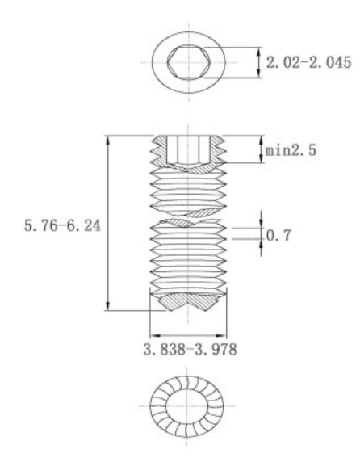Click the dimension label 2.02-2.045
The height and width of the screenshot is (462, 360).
[x=308, y=62]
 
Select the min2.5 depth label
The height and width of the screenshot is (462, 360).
[x=291, y=150]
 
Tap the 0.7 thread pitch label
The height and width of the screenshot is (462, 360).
[x=278, y=235]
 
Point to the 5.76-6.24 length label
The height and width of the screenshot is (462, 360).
[x=62, y=226]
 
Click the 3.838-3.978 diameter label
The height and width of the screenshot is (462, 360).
[x=190, y=350]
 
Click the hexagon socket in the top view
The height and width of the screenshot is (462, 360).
[x=189, y=62]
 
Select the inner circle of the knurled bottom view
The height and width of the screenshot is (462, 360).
[x=186, y=406]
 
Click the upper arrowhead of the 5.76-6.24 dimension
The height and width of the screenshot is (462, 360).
[x=108, y=141]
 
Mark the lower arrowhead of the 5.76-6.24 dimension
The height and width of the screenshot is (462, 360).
[x=108, y=305]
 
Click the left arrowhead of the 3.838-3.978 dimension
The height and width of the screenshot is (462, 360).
[x=155, y=335]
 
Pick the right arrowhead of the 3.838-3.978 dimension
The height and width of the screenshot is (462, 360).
[x=221, y=335]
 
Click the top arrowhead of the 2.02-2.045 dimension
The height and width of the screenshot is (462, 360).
[x=259, y=52]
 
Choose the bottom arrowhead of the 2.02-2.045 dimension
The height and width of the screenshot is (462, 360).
[x=259, y=73]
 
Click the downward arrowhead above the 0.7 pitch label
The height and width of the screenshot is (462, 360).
[x=261, y=223]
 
